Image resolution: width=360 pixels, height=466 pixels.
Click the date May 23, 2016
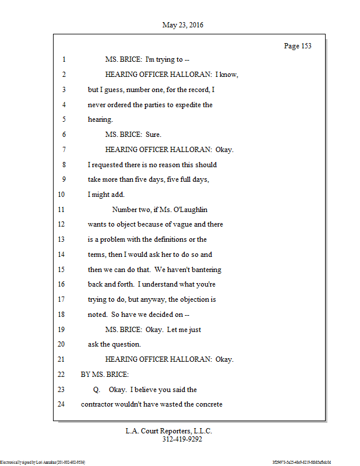[x=183, y=25]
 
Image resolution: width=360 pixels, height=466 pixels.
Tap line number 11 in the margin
[x=62, y=210]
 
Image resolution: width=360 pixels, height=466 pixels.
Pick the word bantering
[x=204, y=270]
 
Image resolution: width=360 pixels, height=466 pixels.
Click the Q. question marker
[x=97, y=389]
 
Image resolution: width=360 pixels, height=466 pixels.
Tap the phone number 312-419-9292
[x=182, y=440]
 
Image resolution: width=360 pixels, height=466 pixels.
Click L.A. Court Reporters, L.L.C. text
[x=169, y=432]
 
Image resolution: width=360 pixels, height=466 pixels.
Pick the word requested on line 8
[x=108, y=165]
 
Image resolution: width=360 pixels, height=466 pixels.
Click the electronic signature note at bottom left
[x=43, y=462]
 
